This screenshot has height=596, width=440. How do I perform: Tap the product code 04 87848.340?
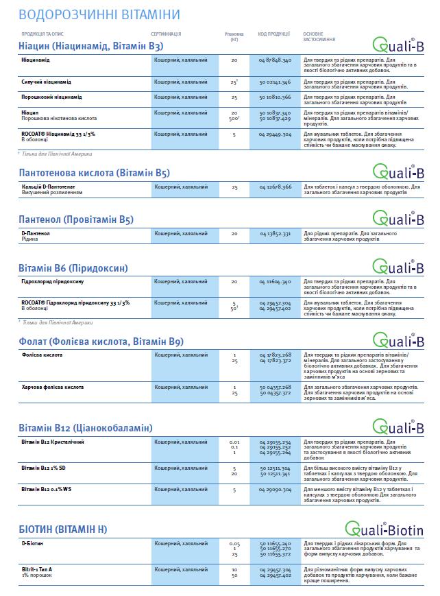tap(276, 60)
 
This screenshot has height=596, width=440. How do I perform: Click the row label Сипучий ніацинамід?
tap(47, 82)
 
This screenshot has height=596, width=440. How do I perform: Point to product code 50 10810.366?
tap(276, 97)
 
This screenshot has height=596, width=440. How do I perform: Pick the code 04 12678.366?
tap(276, 187)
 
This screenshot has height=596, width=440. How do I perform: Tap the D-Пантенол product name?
tap(36, 233)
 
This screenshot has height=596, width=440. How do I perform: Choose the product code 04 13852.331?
tap(276, 233)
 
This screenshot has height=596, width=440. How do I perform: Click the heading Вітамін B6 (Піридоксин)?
tap(73, 267)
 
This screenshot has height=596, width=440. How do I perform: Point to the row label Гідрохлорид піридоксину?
tap(53, 281)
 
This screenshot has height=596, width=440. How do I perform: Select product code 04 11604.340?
tap(276, 281)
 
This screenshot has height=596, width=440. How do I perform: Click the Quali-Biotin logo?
tap(384, 529)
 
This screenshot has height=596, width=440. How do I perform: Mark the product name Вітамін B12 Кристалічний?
tap(53, 442)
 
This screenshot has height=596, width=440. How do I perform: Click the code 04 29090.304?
tap(276, 490)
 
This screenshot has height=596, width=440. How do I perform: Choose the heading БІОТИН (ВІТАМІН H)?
tap(63, 529)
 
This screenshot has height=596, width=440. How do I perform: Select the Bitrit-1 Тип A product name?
tap(39, 569)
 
